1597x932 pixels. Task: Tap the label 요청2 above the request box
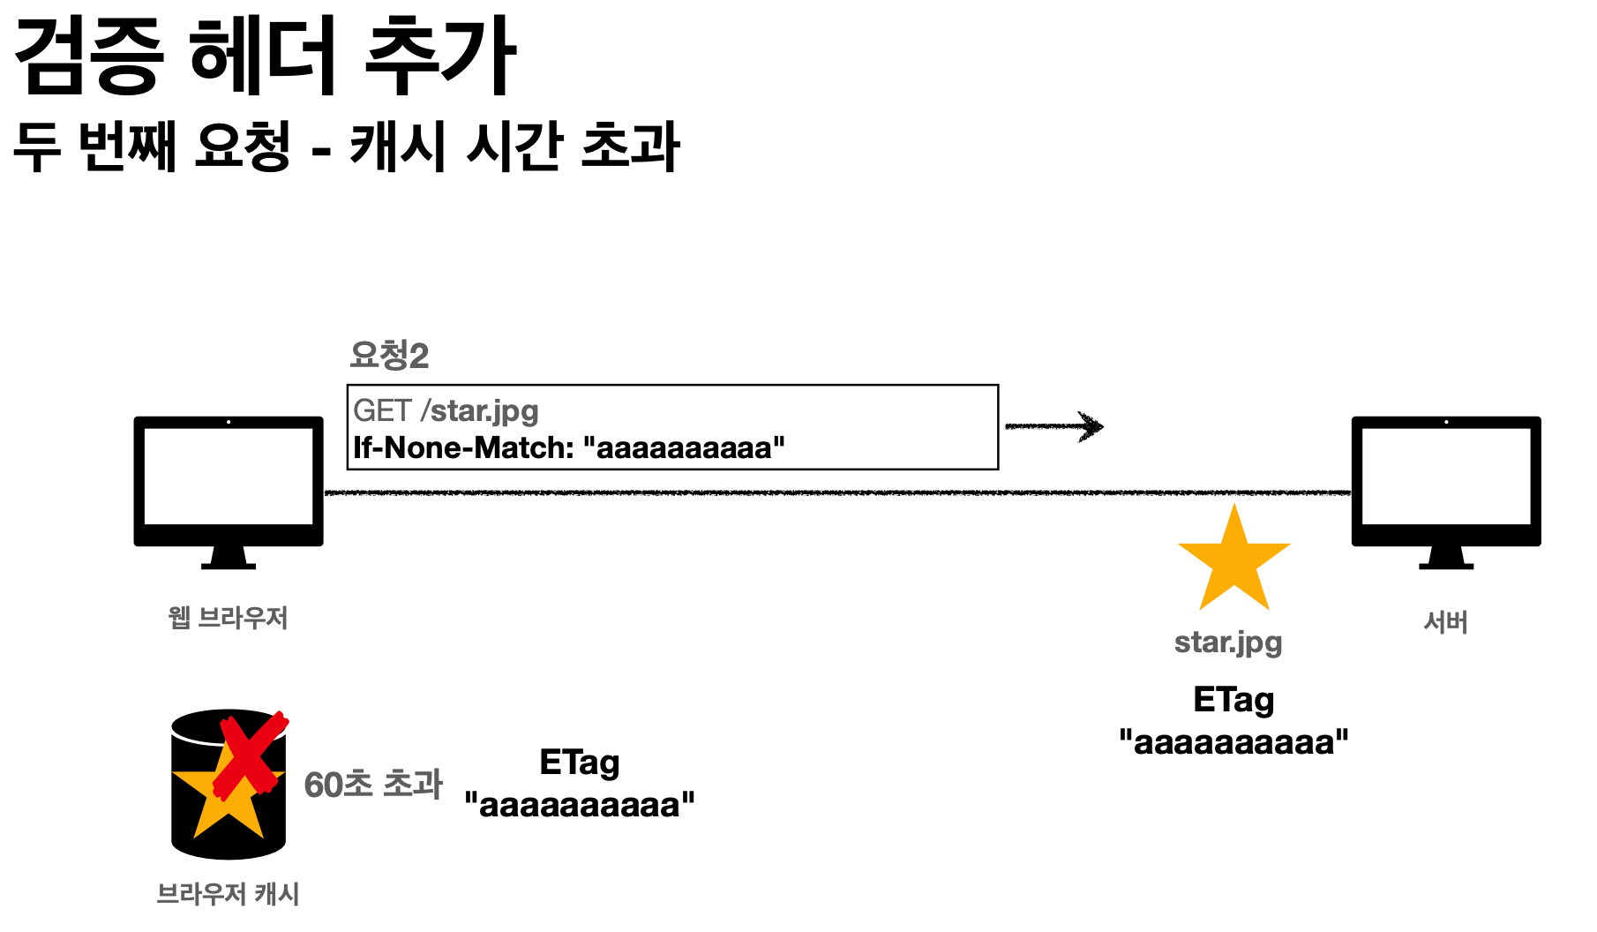389,355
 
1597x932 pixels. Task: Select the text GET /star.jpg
446,410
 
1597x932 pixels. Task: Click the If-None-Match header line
568,448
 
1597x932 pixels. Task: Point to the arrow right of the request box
1054,426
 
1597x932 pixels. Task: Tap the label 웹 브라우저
228,617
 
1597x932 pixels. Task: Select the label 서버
1445,622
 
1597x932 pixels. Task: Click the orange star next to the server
1233,560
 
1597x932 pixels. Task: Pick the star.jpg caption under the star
1228,643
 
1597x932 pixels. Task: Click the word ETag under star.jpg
1233,700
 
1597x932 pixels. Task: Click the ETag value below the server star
1233,742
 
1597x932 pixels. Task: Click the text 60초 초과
373,784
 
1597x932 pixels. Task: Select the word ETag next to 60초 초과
580,763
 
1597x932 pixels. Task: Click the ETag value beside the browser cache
580,805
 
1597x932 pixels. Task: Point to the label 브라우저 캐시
228,894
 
